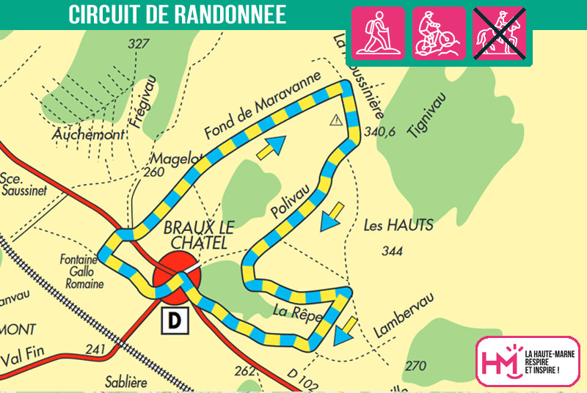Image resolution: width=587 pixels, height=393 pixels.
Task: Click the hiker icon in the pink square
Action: pos(379,33)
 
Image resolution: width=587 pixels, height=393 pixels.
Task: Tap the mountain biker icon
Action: pos(439,33)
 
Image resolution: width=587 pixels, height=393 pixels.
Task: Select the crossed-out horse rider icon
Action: pos(500,33)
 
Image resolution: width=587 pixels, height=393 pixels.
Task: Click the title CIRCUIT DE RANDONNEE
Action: pos(177,15)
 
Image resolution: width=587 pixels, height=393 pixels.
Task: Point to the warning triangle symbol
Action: pos(337,120)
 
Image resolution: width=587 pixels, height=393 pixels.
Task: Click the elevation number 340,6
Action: pos(380,133)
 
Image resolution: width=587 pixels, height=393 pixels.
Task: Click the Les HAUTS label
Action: pos(398,225)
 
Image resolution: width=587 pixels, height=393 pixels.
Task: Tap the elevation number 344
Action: pos(393,251)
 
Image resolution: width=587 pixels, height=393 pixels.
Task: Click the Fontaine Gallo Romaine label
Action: pos(83,271)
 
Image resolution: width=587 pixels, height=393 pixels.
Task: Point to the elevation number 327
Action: pos(138,44)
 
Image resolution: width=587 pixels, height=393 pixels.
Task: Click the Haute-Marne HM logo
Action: pos(527,361)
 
